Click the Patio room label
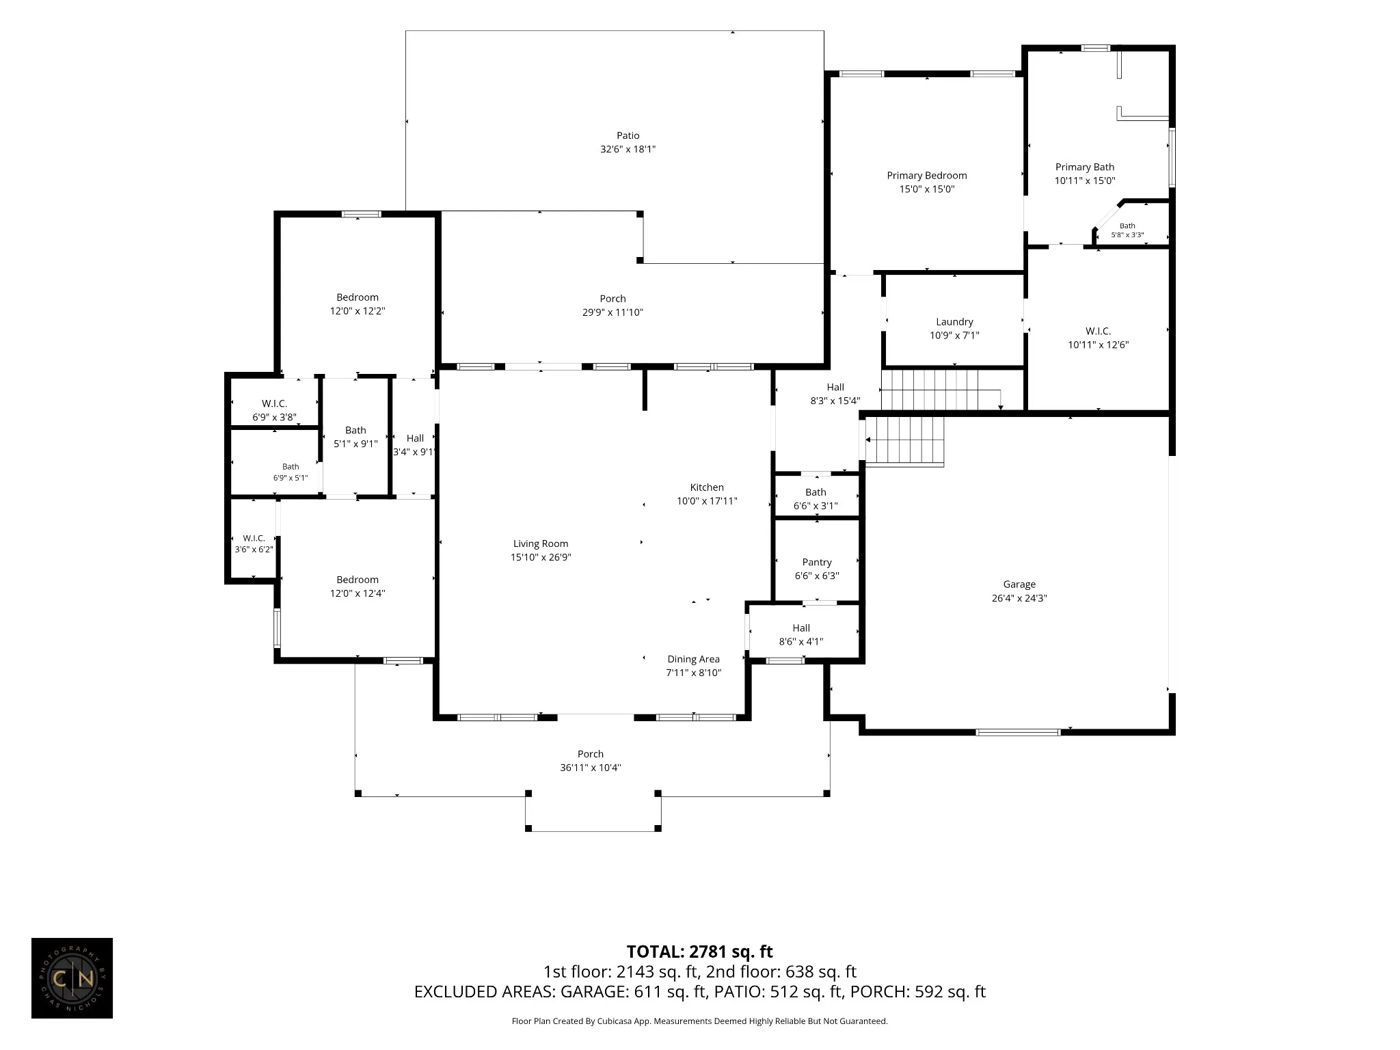click(628, 135)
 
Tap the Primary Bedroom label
click(926, 176)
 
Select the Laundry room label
click(954, 322)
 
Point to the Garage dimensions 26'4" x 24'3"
click(1019, 598)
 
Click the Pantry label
click(817, 563)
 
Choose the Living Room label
click(541, 544)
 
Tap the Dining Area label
click(693, 660)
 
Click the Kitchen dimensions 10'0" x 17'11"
click(707, 501)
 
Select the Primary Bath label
click(1084, 167)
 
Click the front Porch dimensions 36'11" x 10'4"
click(590, 768)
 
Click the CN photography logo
click(72, 978)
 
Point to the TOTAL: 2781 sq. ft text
click(699, 952)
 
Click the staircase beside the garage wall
click(905, 442)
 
